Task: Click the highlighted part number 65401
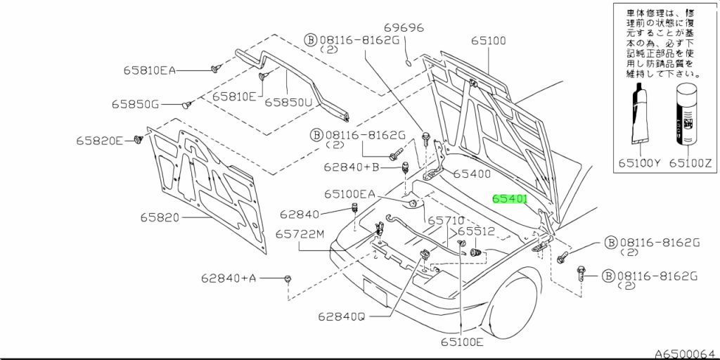click(x=510, y=199)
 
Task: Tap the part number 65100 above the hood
click(x=489, y=41)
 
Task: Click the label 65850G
click(x=135, y=105)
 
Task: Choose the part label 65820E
click(x=100, y=141)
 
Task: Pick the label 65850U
click(x=288, y=103)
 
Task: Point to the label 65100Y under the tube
click(x=639, y=162)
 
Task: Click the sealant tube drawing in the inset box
click(x=641, y=115)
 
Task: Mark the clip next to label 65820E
click(x=137, y=141)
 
